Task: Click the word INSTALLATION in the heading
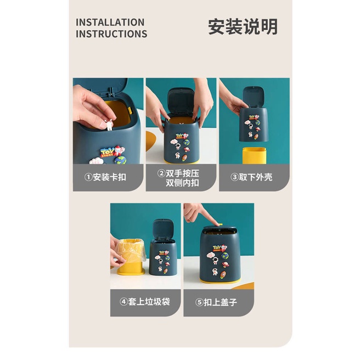tap(110, 22)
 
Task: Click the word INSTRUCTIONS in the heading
tap(111, 34)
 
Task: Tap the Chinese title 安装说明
tap(243, 26)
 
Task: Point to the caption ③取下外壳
tap(251, 177)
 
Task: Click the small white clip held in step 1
tap(109, 126)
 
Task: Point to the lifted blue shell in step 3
tap(253, 122)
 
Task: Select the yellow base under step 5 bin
tap(220, 280)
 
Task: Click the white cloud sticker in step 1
tap(96, 161)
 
